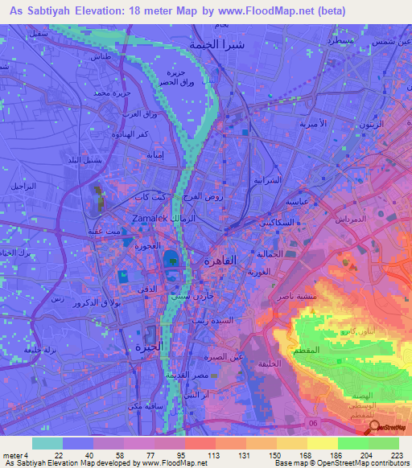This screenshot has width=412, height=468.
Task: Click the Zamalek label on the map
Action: point(150,218)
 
